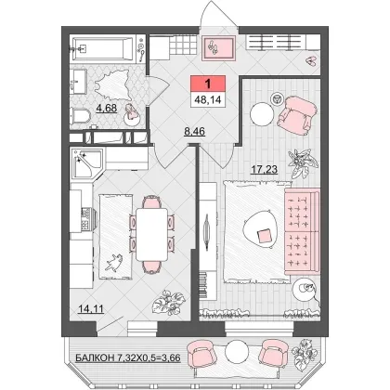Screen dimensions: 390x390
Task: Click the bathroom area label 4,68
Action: coord(107,109)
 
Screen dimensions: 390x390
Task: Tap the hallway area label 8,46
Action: coord(194,132)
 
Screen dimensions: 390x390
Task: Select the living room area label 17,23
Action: coord(264,169)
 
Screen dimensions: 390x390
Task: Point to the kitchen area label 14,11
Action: coord(91,308)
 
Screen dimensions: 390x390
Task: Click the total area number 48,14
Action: coord(208,100)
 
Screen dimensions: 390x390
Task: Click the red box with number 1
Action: coord(208,84)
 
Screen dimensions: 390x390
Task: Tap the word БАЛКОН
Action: coord(95,358)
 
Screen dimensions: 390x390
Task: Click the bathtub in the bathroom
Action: coord(103,49)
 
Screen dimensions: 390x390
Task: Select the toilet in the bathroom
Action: coord(80,116)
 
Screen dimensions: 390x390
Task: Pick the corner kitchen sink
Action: coord(86,163)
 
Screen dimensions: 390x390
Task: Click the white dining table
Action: coord(152,234)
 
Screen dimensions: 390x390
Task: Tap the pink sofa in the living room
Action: coord(302,231)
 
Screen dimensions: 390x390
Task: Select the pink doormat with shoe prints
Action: coord(218,48)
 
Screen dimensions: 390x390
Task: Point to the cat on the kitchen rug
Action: coord(114,263)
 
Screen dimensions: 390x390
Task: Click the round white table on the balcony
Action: coord(237,352)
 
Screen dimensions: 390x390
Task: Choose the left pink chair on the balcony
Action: coord(202,354)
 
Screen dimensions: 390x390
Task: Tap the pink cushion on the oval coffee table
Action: coord(264,236)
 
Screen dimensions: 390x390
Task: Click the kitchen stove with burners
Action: coord(86,219)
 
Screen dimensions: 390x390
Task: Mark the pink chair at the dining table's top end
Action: coord(151,201)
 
